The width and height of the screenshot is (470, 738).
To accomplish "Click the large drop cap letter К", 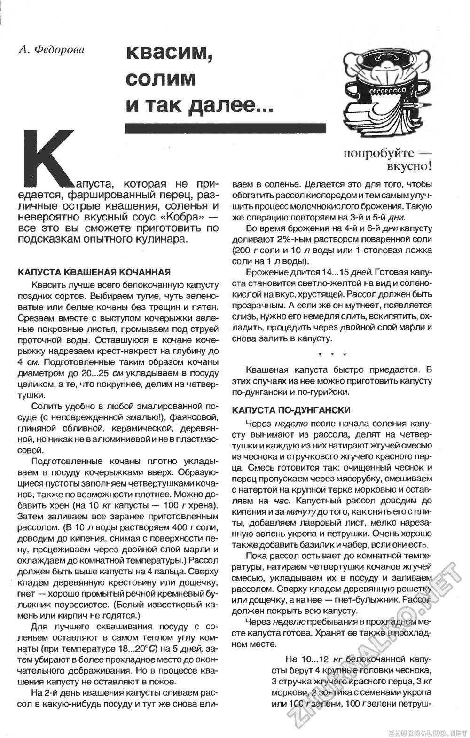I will (x=50, y=156).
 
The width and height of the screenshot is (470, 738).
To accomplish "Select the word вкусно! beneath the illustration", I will (x=408, y=166).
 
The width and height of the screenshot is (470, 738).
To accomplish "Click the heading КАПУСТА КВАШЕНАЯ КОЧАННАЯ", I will (x=94, y=272).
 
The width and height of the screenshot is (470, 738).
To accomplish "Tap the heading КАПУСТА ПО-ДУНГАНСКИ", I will (x=291, y=410).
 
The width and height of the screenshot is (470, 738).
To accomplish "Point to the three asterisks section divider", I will (x=332, y=354).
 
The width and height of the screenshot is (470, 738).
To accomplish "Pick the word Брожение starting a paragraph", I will (x=266, y=273).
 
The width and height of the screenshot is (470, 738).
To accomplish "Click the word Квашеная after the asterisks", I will (x=266, y=369).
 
